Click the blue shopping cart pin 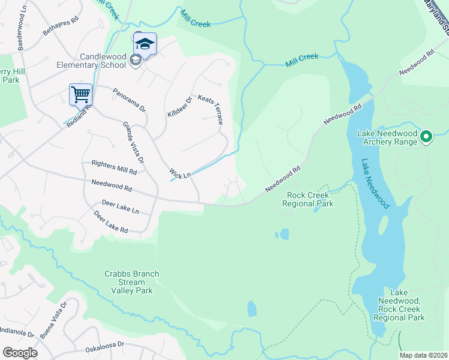(80, 94)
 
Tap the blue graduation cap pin (145, 43)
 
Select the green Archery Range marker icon (426, 137)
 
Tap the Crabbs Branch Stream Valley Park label (131, 282)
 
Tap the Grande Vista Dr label (133, 142)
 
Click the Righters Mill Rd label (114, 167)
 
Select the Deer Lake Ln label (120, 207)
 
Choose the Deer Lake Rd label (111, 221)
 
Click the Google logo (20, 352)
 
